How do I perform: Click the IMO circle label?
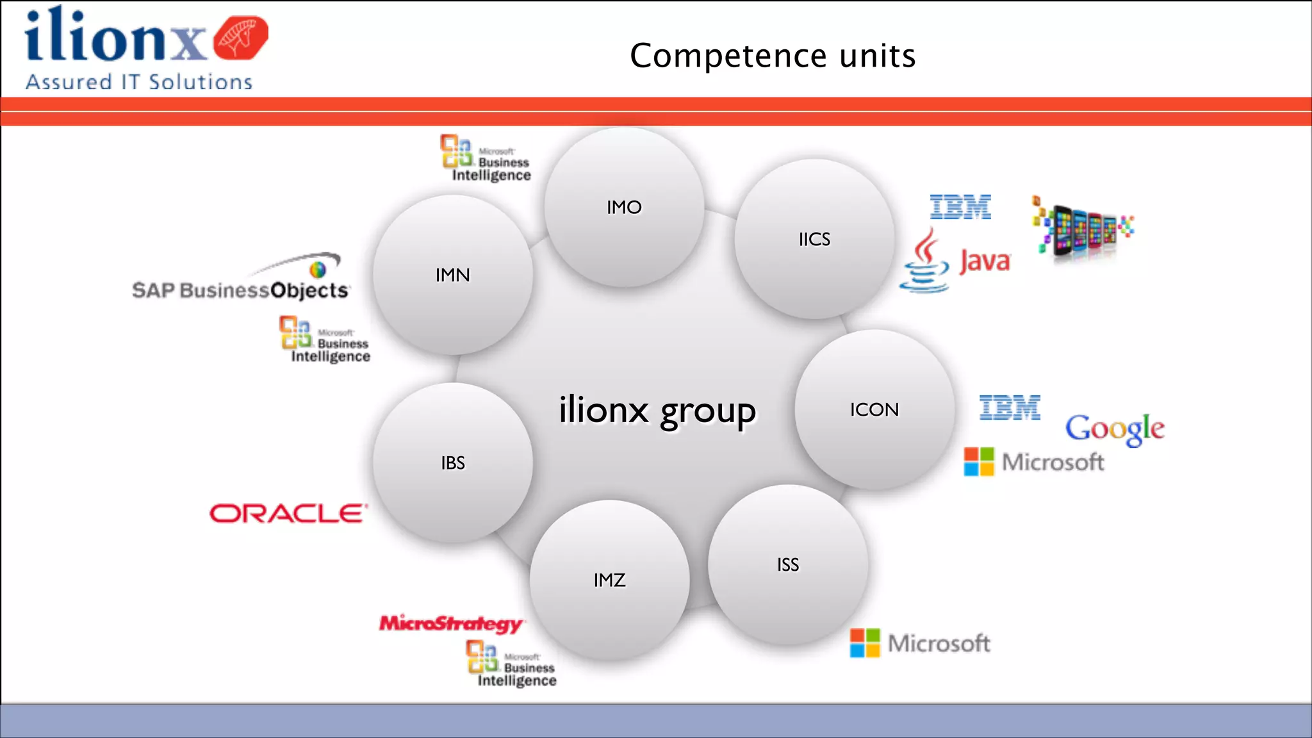pyautogui.click(x=624, y=207)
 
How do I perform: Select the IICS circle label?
pyautogui.click(x=814, y=239)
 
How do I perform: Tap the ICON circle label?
pyautogui.click(x=874, y=409)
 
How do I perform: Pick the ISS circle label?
pyautogui.click(x=788, y=564)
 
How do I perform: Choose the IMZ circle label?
pyautogui.click(x=609, y=580)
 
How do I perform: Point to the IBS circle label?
pyautogui.click(x=453, y=463)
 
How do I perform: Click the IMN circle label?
pyautogui.click(x=453, y=275)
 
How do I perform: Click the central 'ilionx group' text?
pyautogui.click(x=657, y=410)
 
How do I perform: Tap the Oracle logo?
pyautogui.click(x=288, y=513)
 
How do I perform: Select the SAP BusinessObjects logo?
pyautogui.click(x=241, y=282)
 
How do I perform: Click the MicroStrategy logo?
pyautogui.click(x=451, y=623)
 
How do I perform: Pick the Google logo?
pyautogui.click(x=1115, y=429)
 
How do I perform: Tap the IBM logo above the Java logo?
pyautogui.click(x=960, y=207)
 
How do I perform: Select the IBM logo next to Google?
pyautogui.click(x=1010, y=407)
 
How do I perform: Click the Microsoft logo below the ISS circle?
pyautogui.click(x=920, y=643)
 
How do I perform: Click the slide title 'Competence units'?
pyautogui.click(x=773, y=56)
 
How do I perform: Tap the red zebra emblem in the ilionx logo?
pyautogui.click(x=240, y=38)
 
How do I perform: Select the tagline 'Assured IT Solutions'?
pyautogui.click(x=139, y=82)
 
